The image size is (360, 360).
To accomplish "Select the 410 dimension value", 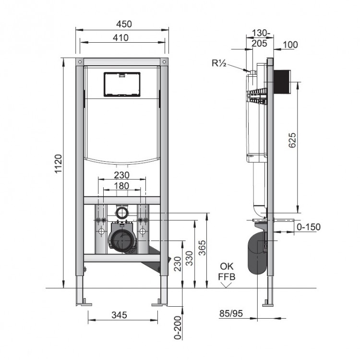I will click(x=121, y=38).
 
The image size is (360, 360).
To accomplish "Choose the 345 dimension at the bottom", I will click(x=119, y=315).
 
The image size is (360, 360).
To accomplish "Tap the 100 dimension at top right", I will click(x=290, y=45).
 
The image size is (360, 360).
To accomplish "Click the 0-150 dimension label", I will click(x=308, y=227).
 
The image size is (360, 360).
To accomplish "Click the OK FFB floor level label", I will click(x=227, y=271).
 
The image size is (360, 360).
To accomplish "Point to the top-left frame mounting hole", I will click(x=79, y=62).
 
